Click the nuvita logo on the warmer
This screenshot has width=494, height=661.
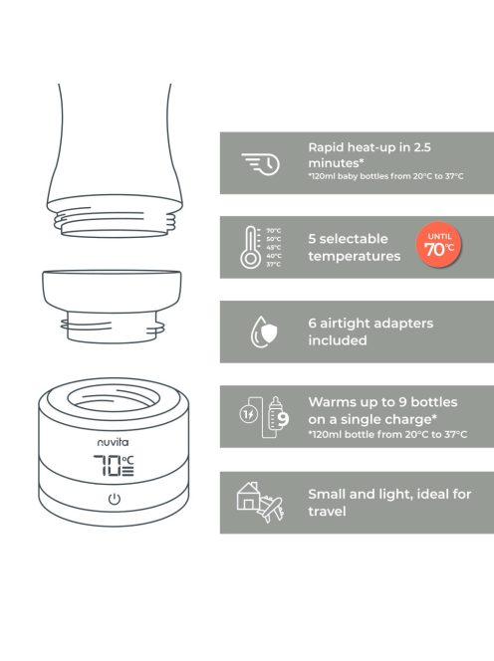pos(114,442)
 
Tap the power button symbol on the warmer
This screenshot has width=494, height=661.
pos(115,499)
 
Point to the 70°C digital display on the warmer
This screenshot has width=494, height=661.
pos(114,466)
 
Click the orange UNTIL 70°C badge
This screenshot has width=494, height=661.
pos(439,245)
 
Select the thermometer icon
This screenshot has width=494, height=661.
pos(251,248)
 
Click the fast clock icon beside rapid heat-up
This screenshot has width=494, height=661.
pos(261,164)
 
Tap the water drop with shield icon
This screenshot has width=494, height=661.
pos(264,332)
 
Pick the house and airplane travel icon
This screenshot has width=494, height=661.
pos(259,503)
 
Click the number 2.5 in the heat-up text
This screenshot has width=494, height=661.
pos(422,147)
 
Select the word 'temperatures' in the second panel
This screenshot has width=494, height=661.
pos(354,256)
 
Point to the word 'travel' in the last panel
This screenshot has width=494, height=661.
pos(327,512)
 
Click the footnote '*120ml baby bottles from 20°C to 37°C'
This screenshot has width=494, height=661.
pos(385,176)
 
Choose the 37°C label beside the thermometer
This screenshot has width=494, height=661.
pos(273,265)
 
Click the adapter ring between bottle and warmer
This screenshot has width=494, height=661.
pos(112,306)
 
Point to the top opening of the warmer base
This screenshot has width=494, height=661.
pos(114,398)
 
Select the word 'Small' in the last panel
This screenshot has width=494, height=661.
pos(327,494)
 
